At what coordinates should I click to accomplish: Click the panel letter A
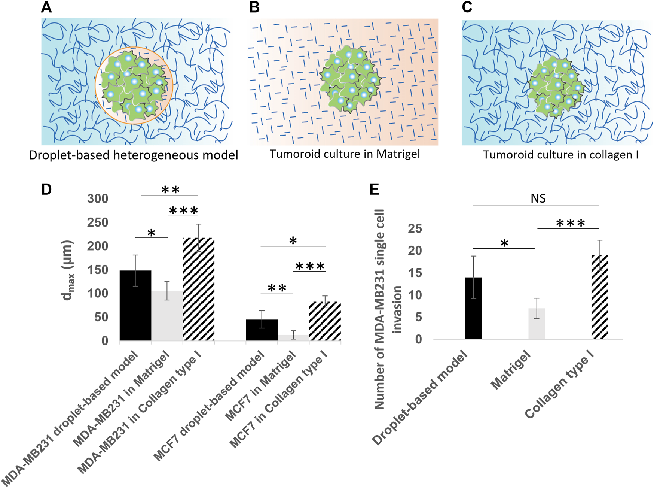(x=46, y=7)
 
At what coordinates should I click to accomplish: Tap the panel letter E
(x=374, y=189)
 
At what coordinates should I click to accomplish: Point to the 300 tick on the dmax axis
(x=98, y=198)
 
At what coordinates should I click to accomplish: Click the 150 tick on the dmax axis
(x=98, y=270)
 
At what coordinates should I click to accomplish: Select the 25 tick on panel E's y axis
(x=415, y=228)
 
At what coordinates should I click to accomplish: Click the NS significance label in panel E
(x=538, y=199)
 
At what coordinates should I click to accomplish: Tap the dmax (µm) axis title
(x=68, y=270)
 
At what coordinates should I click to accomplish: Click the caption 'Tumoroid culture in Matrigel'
(x=345, y=154)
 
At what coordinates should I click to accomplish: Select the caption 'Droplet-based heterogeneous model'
(x=134, y=155)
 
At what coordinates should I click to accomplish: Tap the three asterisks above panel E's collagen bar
(x=571, y=224)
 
